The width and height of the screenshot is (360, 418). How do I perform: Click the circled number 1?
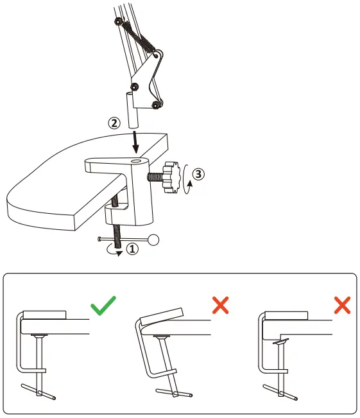coord(133,249)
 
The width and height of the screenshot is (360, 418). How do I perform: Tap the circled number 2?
coord(113,123)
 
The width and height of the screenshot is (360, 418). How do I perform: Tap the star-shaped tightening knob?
coord(171,176)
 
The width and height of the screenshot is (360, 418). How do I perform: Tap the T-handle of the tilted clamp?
coord(173,390)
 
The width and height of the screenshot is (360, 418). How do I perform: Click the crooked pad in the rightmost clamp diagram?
coord(280,342)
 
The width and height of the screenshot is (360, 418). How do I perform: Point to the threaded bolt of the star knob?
coord(155,175)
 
